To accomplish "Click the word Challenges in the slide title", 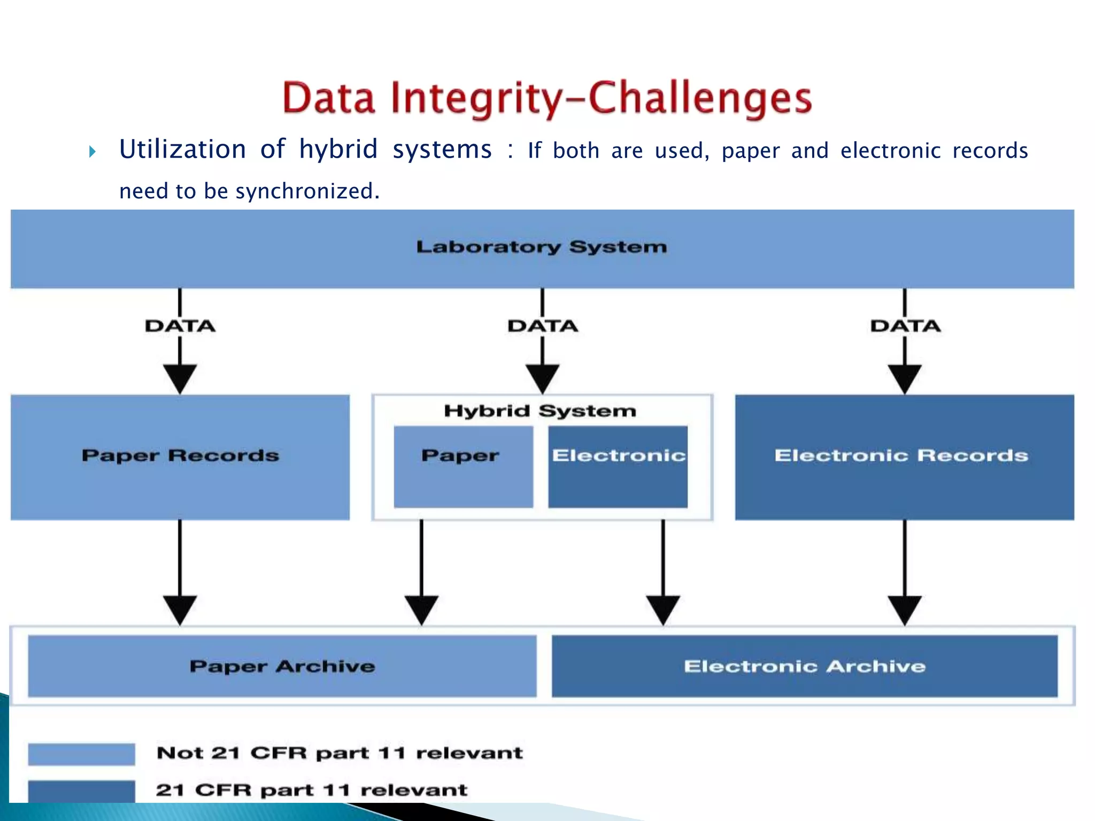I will pos(700,99).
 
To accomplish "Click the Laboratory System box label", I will pos(542,247).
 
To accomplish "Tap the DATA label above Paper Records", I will pos(180,326).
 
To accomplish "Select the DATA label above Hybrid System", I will pos(543,326).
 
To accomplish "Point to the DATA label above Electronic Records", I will pos(905,326).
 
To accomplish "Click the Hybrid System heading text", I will pos(540,410).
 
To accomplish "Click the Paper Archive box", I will pos(282,666).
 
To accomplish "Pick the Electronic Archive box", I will pos(804,666).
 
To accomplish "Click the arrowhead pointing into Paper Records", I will pos(180,378).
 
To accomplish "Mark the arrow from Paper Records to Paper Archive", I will pos(180,572).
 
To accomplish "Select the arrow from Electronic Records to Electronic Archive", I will pos(905,572).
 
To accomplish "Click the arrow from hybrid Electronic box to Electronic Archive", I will pos(663,572).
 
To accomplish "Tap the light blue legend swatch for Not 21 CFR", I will pos(81,754).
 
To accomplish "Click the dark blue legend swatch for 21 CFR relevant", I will pos(81,791).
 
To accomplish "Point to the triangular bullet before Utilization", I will pos(92,152).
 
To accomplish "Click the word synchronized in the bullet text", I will pos(307,191).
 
